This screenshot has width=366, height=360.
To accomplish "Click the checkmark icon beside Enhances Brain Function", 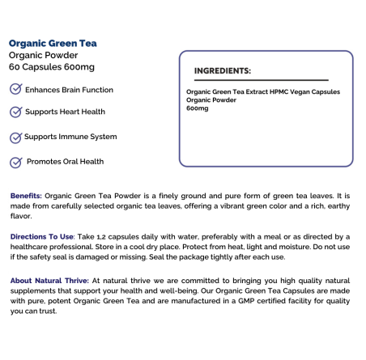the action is [15, 90].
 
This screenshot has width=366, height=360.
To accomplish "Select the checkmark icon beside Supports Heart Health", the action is [15, 112].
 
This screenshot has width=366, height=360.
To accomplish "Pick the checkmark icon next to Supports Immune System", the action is [15, 137].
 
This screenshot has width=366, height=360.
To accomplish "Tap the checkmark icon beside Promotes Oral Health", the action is [15, 162].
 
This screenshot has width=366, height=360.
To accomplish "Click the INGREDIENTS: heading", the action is [223, 70].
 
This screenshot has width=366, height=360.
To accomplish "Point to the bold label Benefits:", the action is [27, 197].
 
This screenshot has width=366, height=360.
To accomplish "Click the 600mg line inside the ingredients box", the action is [197, 108].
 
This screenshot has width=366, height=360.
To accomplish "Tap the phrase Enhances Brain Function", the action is [69, 90].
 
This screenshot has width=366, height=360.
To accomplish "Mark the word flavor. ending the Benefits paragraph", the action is [22, 216].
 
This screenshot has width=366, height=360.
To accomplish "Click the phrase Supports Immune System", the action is [70, 136].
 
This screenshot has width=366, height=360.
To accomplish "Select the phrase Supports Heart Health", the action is [65, 112].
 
